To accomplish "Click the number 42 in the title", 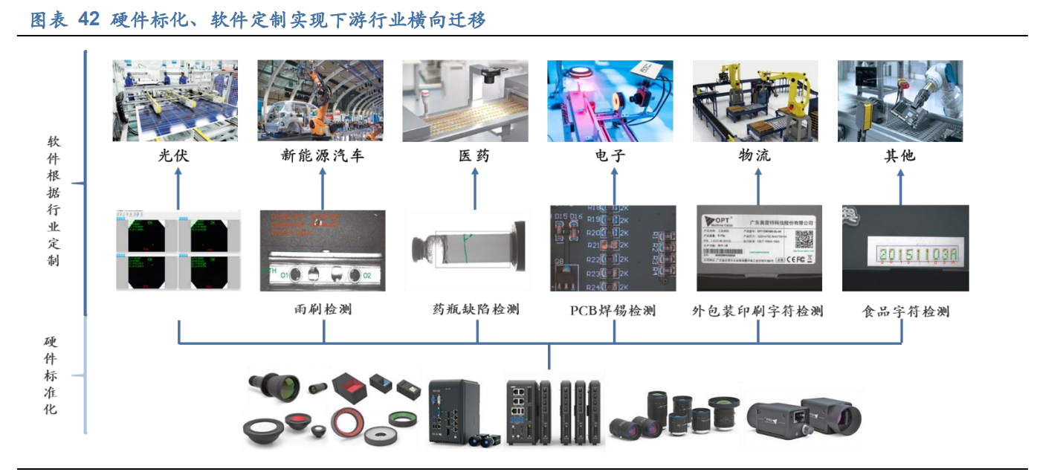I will point(88,20).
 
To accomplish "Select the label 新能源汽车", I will point(322,155).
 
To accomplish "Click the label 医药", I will point(474,155).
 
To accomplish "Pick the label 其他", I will point(899,155).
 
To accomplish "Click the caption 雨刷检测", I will point(323,309).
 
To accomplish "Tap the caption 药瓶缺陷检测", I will point(476,309).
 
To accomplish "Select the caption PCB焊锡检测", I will point(613,311).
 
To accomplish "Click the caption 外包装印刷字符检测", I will point(757,311).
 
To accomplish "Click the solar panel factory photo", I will point(175,101).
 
